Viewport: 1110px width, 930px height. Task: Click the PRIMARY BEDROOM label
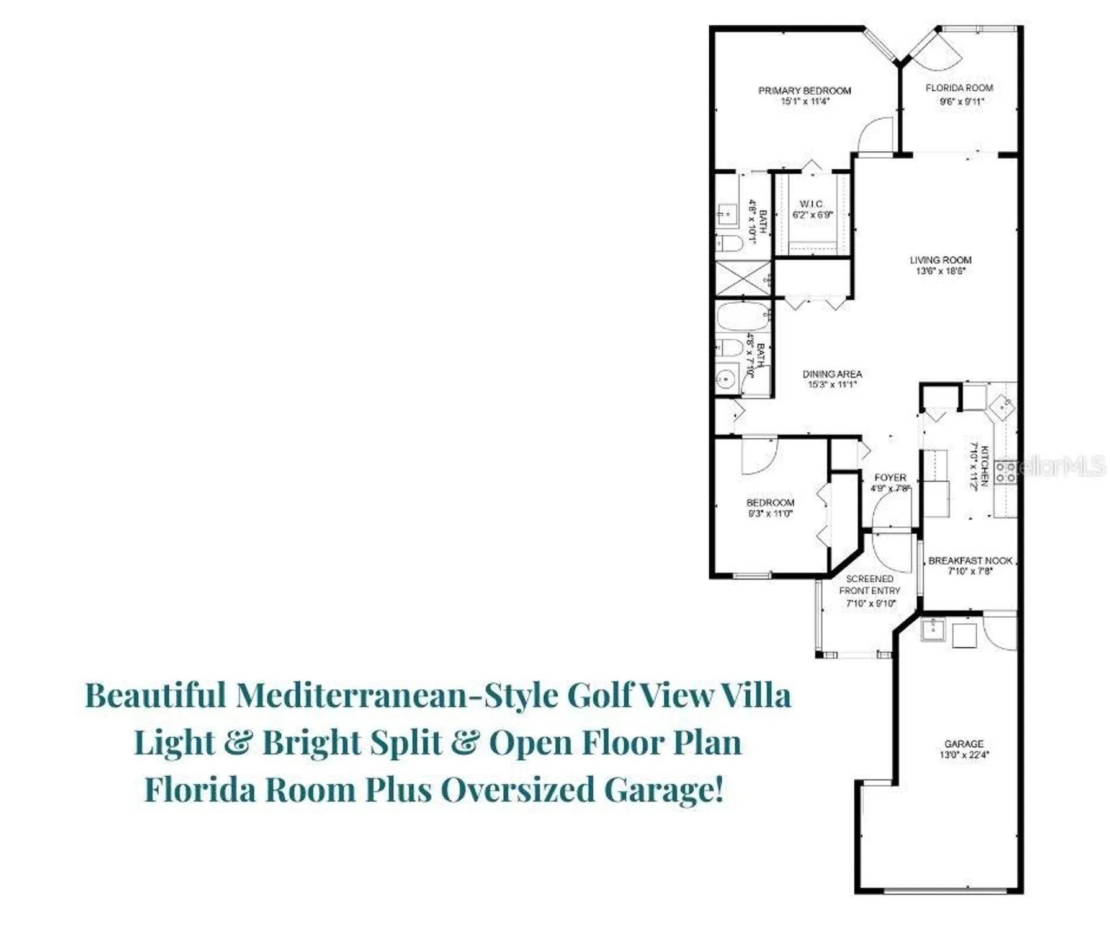pos(804,91)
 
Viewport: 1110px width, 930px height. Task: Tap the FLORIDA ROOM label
pos(959,88)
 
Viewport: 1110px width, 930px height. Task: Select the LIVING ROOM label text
pos(940,260)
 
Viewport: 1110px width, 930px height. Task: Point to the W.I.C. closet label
pos(812,204)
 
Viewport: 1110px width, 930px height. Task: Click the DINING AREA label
pos(832,374)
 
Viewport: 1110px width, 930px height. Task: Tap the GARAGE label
pos(964,743)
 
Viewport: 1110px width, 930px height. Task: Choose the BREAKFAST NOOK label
pos(970,560)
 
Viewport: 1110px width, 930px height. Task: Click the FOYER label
pos(890,477)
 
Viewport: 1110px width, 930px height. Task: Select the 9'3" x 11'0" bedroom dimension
pos(770,513)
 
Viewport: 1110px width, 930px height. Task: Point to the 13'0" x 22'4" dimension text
pos(964,755)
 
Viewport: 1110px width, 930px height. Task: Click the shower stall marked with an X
pos(743,278)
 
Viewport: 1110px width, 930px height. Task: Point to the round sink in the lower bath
pos(725,378)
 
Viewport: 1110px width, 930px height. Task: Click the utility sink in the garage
pos(932,630)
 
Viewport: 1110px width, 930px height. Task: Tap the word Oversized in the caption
pos(517,790)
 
